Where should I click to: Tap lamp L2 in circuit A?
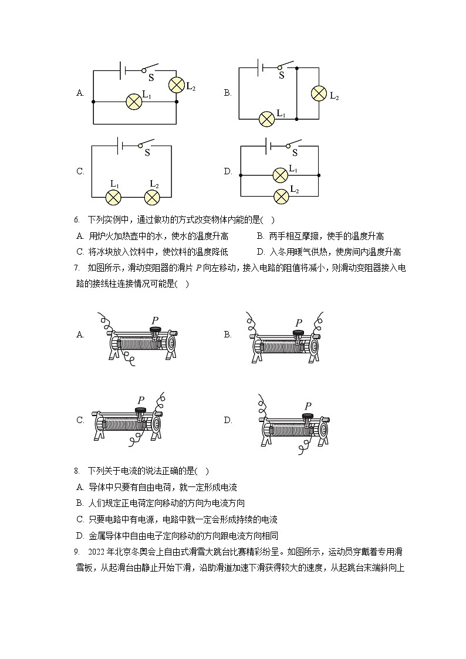tap(177, 85)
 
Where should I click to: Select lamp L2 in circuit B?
tap(319, 93)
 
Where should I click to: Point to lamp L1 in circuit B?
tap(267, 119)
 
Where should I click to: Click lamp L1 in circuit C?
tap(113, 197)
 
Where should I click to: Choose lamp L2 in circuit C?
tap(152, 197)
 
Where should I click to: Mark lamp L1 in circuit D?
tap(281, 175)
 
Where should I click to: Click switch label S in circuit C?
tap(147, 153)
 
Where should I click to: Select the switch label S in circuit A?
tap(151, 77)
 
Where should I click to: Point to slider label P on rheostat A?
tap(155, 320)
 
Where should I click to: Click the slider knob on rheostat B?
tap(298, 334)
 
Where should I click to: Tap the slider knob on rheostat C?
tap(141, 410)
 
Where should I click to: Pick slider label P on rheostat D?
tap(308, 406)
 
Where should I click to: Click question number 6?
tap(76, 220)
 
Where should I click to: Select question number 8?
tap(76, 471)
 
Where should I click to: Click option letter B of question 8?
tap(80, 503)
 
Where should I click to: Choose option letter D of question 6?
tap(261, 252)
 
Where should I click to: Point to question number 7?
tap(76, 268)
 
